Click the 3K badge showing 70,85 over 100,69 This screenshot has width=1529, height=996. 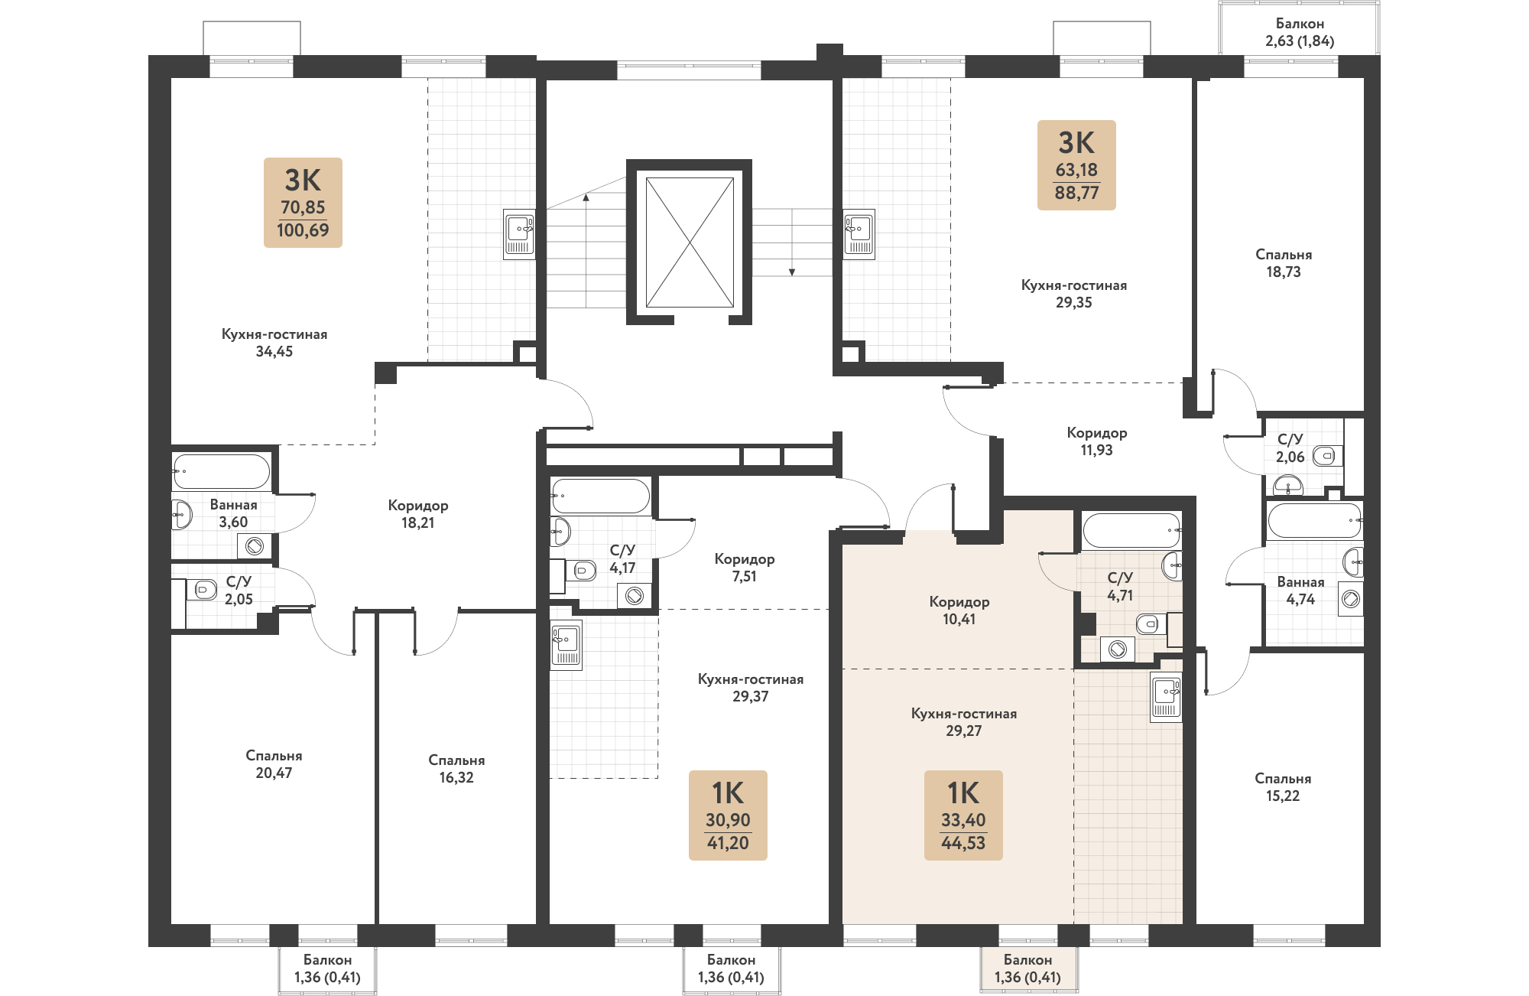(x=303, y=203)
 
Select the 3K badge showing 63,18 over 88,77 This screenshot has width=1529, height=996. (x=1076, y=165)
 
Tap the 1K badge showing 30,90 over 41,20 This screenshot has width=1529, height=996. (x=728, y=815)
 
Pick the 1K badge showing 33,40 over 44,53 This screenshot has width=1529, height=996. (x=963, y=815)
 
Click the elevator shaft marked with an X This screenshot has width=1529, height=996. (x=690, y=242)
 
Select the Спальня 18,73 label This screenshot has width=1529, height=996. (x=1284, y=263)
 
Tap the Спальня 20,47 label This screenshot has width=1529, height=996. (x=274, y=764)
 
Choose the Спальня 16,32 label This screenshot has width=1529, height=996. (x=456, y=769)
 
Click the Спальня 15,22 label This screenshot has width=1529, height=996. (x=1283, y=787)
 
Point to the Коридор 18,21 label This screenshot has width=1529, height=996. (x=418, y=514)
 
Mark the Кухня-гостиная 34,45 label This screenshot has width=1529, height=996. (x=274, y=343)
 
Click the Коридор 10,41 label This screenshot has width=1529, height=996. (x=959, y=610)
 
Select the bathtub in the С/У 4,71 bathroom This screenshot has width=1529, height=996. (x=1131, y=529)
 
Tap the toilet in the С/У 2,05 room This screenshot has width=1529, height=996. (x=203, y=589)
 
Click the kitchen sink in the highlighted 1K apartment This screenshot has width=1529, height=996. (x=1166, y=696)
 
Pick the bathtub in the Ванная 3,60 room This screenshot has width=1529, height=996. (x=221, y=471)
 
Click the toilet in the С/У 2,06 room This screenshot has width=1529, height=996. (x=1327, y=457)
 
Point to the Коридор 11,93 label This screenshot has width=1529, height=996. (x=1097, y=441)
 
